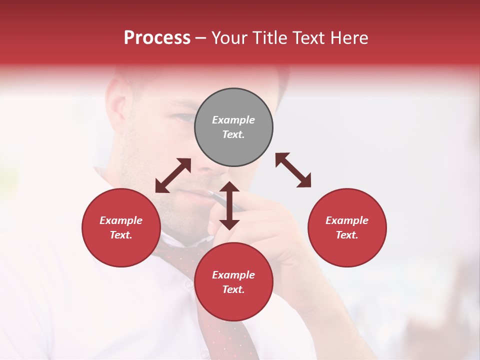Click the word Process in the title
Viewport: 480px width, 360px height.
click(x=157, y=38)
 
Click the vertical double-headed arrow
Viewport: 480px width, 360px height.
click(x=229, y=206)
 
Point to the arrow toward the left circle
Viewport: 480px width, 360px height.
click(x=173, y=175)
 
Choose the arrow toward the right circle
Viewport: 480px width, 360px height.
click(x=293, y=170)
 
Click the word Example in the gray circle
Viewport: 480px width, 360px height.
click(x=233, y=120)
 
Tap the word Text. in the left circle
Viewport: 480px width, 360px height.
click(x=121, y=235)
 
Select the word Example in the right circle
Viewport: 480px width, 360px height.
click(x=347, y=220)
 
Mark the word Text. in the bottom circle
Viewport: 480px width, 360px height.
click(x=233, y=289)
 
